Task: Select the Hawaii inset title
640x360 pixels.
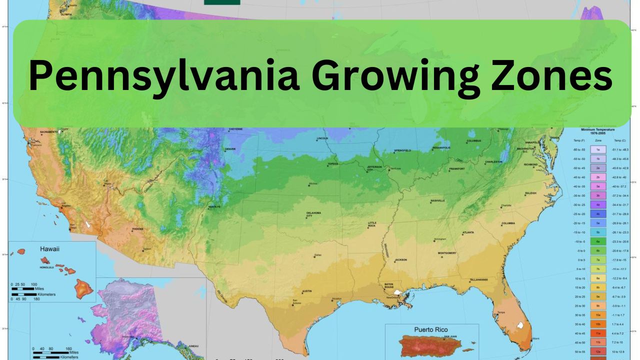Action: (x=49, y=248)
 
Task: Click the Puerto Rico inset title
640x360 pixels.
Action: (x=430, y=330)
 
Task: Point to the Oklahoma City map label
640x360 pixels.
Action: (x=313, y=214)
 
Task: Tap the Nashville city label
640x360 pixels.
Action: (x=437, y=200)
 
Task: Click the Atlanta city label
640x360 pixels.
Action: (x=468, y=232)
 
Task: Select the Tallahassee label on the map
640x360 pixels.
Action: (x=478, y=280)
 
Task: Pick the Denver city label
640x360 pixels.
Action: (x=230, y=149)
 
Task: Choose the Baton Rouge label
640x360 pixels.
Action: (x=389, y=286)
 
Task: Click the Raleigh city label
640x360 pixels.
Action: (x=530, y=193)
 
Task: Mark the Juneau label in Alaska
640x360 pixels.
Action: (x=193, y=346)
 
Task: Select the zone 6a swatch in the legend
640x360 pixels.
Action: (x=598, y=241)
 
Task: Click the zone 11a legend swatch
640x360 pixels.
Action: (x=598, y=333)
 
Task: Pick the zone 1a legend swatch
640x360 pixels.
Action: (x=598, y=149)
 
